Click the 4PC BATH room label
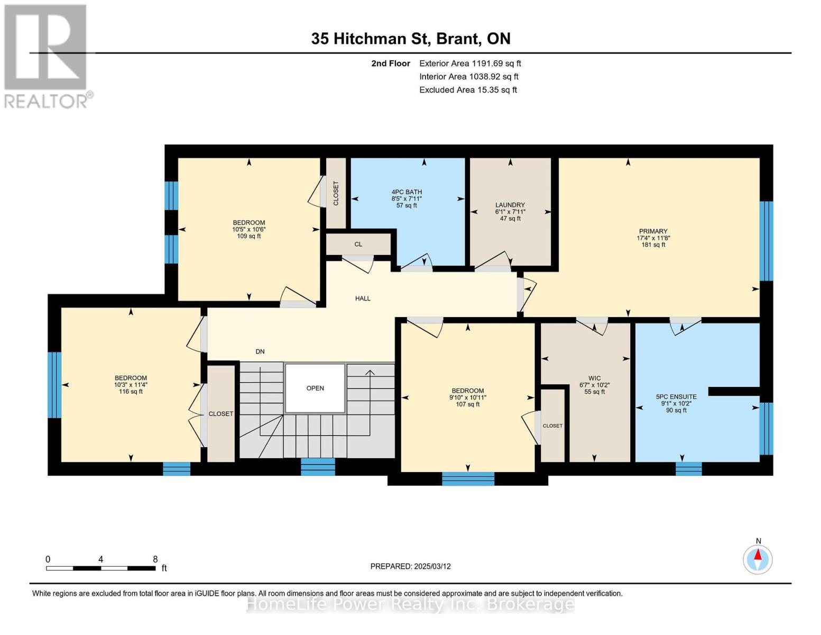[407, 192]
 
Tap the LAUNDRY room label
[510, 205]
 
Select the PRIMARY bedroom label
[653, 231]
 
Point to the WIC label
[594, 378]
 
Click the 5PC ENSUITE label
[676, 397]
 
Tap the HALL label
[363, 298]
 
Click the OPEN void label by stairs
[315, 388]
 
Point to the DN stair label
[260, 351]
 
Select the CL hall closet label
[358, 244]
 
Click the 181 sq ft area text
[653, 244]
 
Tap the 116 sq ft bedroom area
[131, 392]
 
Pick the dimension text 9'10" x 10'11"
[468, 397]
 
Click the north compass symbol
[758, 559]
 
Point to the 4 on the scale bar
[100, 559]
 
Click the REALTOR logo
[47, 57]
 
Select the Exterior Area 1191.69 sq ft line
[470, 63]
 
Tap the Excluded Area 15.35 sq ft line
[468, 90]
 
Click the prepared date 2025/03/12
[432, 566]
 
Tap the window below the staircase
[318, 467]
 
